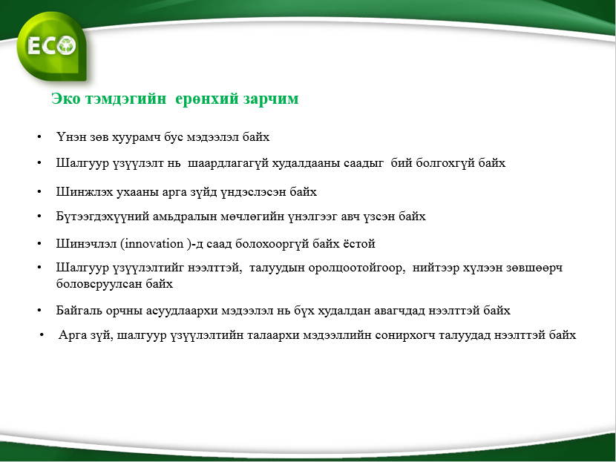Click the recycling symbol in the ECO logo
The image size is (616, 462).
click(x=66, y=45)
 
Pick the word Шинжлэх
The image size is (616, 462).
click(x=85, y=191)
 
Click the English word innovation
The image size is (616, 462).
click(x=154, y=244)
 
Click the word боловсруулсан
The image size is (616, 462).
click(x=99, y=284)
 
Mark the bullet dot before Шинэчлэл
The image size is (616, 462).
click(x=39, y=244)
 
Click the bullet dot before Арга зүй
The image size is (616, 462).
click(x=42, y=335)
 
